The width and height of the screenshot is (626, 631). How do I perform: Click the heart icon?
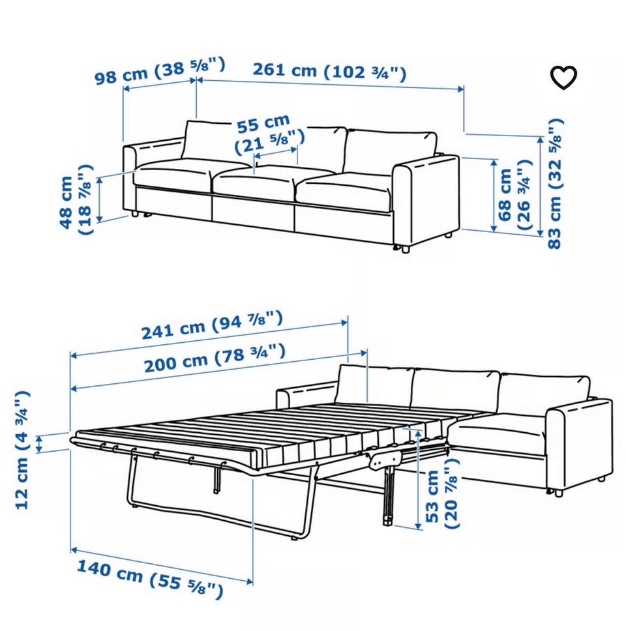(x=563, y=77)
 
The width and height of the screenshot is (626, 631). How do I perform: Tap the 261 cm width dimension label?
(x=329, y=72)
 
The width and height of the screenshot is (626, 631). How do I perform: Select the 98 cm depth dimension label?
(x=159, y=71)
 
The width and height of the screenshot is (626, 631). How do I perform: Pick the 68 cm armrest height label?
(x=515, y=194)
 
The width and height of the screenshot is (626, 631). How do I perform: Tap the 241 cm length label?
(x=212, y=325)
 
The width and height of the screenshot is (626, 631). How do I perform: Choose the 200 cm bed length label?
(x=215, y=358)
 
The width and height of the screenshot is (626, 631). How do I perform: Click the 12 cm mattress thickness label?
(x=22, y=450)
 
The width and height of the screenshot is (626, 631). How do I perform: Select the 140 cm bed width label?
(x=149, y=578)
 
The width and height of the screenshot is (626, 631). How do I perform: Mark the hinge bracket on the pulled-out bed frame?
(x=385, y=460)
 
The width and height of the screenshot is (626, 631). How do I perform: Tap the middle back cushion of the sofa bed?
(x=456, y=390)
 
